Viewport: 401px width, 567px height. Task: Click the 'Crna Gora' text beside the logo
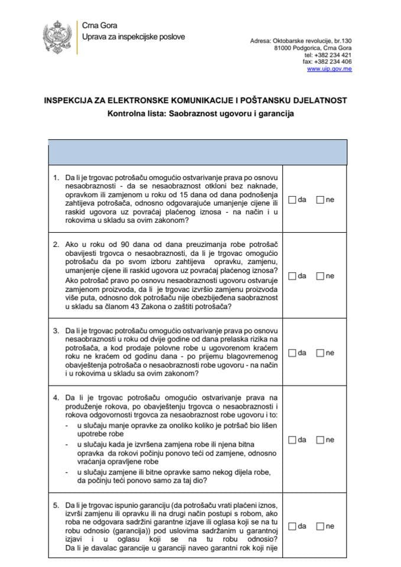(x=99, y=26)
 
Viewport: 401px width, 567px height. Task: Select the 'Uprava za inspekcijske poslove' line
(x=133, y=37)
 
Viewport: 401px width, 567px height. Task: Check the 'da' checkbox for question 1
(x=292, y=200)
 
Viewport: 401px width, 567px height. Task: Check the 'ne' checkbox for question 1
(x=320, y=200)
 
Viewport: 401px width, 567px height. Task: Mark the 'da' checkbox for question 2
(x=292, y=276)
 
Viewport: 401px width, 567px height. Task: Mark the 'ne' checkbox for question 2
(x=320, y=276)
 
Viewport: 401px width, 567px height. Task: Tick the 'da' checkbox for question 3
(x=292, y=353)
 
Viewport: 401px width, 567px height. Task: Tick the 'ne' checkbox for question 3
(x=320, y=353)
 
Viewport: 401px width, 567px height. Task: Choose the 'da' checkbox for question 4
(x=292, y=440)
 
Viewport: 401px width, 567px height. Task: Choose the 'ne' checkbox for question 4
(x=320, y=440)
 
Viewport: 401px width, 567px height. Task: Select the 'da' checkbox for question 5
(x=292, y=526)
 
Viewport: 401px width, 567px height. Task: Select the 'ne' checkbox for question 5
(x=320, y=526)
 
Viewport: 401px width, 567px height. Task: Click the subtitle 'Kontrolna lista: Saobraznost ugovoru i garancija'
(x=200, y=114)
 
